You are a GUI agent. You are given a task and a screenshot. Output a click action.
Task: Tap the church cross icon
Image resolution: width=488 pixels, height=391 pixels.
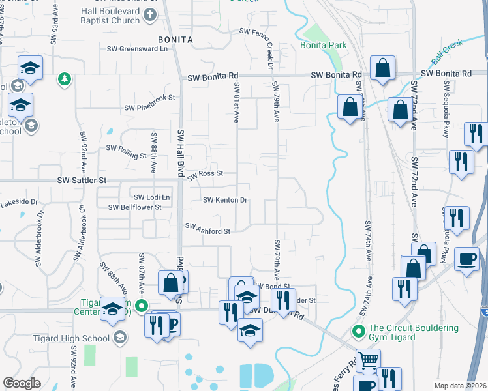click(x=150, y=15)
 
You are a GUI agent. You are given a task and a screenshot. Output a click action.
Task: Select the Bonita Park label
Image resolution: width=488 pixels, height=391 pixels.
click(x=324, y=45)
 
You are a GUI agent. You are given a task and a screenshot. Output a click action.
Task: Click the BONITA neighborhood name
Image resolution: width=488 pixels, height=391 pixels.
click(x=175, y=40)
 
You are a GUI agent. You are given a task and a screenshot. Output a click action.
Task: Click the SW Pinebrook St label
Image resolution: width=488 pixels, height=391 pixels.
click(x=150, y=98)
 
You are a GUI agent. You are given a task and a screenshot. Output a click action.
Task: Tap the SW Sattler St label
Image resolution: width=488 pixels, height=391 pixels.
click(x=81, y=179)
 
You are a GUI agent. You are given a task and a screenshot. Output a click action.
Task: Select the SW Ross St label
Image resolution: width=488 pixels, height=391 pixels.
click(x=206, y=175)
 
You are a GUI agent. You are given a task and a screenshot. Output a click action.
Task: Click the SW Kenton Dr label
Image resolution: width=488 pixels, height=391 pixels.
click(x=226, y=201)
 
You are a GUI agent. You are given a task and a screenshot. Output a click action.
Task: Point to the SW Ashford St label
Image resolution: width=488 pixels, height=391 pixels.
click(x=208, y=229)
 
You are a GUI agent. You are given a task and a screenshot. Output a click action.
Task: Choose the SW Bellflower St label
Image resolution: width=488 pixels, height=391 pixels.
click(x=135, y=207)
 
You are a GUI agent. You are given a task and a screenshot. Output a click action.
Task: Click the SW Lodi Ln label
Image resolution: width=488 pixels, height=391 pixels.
click(x=151, y=197)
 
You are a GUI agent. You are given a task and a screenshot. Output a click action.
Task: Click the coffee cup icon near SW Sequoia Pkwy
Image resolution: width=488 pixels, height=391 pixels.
click(x=466, y=259)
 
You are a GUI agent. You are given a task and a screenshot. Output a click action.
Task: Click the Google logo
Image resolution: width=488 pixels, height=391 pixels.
click(x=22, y=383)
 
